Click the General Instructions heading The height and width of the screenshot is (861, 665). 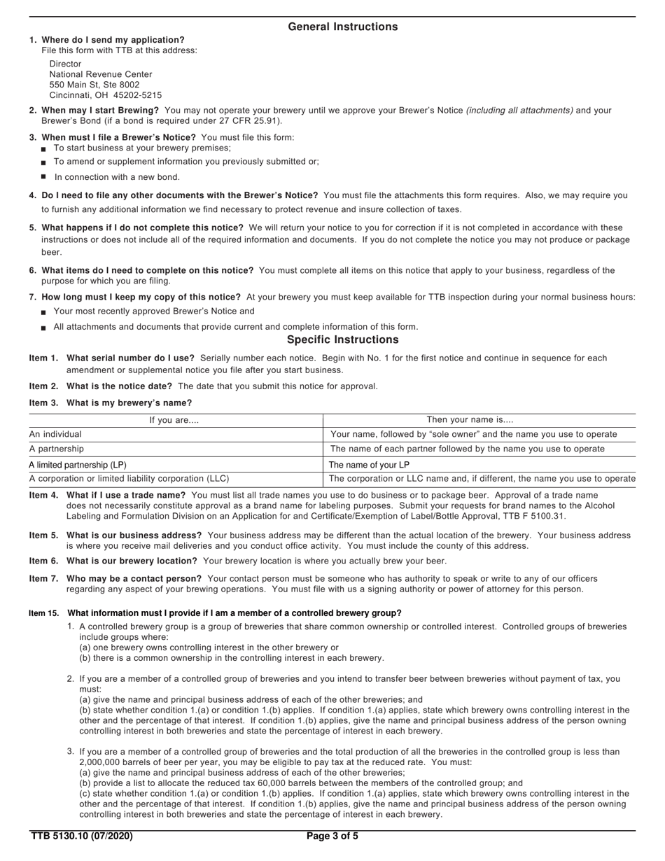coord(342,27)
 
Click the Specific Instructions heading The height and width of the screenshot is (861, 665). coord(342,339)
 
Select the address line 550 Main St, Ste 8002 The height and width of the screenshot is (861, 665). coord(94,85)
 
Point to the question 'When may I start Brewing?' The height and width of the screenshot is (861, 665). coord(100,111)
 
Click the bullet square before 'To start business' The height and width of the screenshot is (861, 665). coord(44,149)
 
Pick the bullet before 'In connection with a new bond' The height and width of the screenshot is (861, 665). coord(44,176)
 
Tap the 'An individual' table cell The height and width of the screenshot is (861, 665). coord(55,435)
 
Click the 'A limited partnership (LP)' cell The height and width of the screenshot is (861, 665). coord(78,465)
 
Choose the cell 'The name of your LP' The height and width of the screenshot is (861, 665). coord(369,465)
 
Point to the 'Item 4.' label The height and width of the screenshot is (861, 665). coord(43,496)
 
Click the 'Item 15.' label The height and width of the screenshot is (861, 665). coord(43,613)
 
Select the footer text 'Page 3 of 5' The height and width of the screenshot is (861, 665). coord(332,836)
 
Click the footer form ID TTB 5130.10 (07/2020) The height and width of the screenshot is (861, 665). coord(81,836)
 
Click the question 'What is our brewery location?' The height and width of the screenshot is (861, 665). coord(132,561)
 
